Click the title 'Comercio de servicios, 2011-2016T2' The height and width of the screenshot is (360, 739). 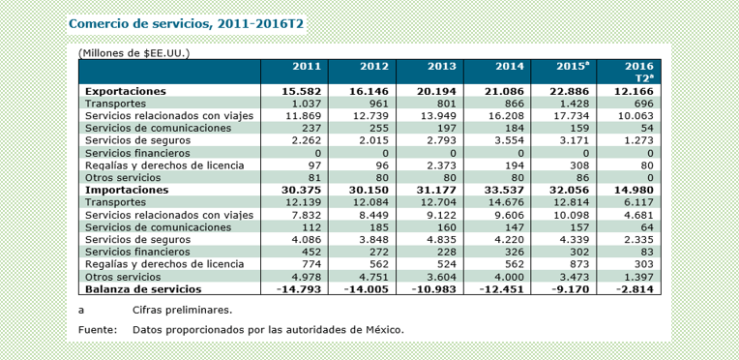click(x=186, y=24)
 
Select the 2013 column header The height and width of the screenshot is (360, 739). click(x=442, y=66)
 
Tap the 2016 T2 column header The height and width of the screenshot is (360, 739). click(x=639, y=73)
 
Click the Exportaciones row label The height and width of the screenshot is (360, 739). click(x=126, y=91)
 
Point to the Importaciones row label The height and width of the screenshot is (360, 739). click(x=127, y=190)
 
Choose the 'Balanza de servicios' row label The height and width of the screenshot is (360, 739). click(x=143, y=288)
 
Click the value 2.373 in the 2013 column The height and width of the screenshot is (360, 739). click(x=443, y=165)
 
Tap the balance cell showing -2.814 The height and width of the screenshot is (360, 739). click(x=635, y=288)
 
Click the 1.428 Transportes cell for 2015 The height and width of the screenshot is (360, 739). click(x=576, y=104)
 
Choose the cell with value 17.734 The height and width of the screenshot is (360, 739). click(x=575, y=115)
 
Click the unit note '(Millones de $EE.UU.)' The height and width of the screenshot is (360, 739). click(x=133, y=53)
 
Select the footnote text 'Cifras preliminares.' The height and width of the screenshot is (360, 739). click(x=183, y=311)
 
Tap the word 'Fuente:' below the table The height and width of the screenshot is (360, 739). click(x=98, y=330)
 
